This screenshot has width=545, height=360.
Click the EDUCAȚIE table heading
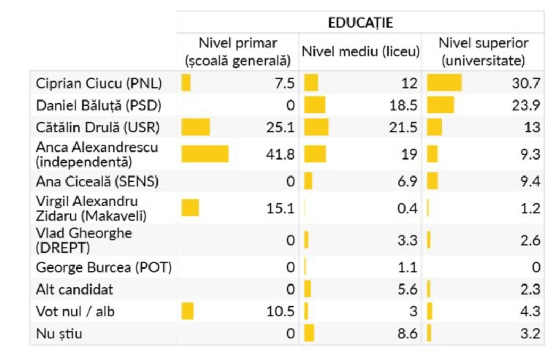pyautogui.click(x=360, y=22)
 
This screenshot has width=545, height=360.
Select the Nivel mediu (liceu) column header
pyautogui.click(x=361, y=52)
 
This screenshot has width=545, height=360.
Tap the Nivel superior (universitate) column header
pyautogui.click(x=483, y=52)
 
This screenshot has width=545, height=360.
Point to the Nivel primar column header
pyautogui.click(x=237, y=52)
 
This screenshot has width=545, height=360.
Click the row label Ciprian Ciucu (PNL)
pyautogui.click(x=99, y=83)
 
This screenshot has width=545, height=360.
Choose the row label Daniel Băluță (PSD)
pyautogui.click(x=98, y=105)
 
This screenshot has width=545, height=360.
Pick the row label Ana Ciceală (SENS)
pyautogui.click(x=97, y=181)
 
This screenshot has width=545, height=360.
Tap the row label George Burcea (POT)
pyautogui.click(x=104, y=267)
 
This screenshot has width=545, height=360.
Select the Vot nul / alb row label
pyautogui.click(x=76, y=312)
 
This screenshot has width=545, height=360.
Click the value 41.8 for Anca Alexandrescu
pyautogui.click(x=280, y=154)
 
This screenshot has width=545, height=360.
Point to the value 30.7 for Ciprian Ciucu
pyautogui.click(x=526, y=83)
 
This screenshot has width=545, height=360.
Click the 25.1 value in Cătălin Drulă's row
pyautogui.click(x=280, y=127)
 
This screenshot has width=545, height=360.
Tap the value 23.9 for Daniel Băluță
pyautogui.click(x=526, y=105)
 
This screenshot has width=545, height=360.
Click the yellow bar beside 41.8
pyautogui.click(x=205, y=154)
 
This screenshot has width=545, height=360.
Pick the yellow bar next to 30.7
pyautogui.click(x=444, y=83)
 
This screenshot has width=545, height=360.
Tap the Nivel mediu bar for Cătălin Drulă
pyautogui.click(x=316, y=127)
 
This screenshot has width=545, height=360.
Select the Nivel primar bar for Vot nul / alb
pyautogui.click(x=187, y=311)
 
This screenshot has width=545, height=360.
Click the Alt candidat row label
pyautogui.click(x=75, y=290)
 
